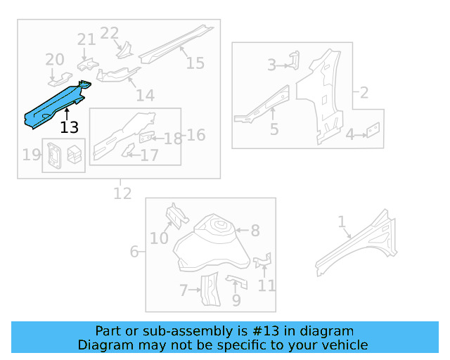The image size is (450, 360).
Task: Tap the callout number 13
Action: click(70, 127)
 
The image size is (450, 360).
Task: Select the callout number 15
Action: click(195, 63)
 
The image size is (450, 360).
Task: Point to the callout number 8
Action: click(255, 230)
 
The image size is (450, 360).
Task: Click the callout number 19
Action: click(32, 155)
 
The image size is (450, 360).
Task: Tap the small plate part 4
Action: click(374, 129)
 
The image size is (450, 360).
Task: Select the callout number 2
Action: click(364, 92)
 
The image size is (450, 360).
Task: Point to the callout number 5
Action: click(274, 129)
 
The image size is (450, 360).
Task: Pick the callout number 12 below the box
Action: click(122, 193)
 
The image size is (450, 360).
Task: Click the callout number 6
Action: click(134, 251)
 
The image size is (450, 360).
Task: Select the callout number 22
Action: click(110, 33)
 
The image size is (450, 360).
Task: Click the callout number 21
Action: click(86, 40)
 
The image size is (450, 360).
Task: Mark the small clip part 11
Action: click(263, 262)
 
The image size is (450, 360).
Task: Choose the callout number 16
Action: click(196, 134)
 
